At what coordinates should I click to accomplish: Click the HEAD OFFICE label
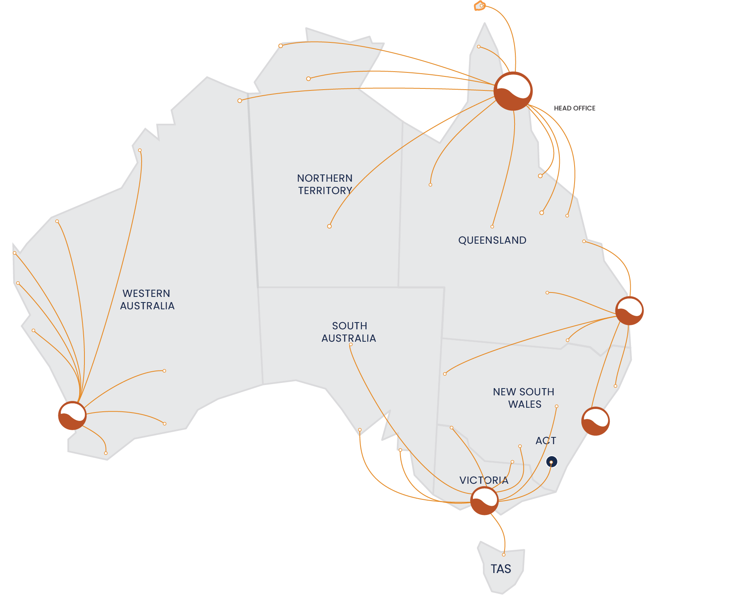pos(574,108)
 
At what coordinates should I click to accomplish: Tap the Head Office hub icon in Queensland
pos(513,91)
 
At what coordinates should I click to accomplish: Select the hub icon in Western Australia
pos(72,416)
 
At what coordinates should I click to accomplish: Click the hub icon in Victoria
pos(484,501)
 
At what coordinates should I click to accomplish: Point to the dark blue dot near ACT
pos(551,462)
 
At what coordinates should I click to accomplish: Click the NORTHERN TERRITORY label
pos(325,184)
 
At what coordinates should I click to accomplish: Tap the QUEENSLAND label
pos(492,240)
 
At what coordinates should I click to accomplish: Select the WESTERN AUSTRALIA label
pos(147,299)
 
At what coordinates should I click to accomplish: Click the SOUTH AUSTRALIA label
pos(349,332)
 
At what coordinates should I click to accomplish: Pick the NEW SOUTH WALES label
pos(524,398)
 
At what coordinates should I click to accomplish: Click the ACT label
pos(546,441)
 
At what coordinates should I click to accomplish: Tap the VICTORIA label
pos(484,480)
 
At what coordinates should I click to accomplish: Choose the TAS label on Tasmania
pos(501,569)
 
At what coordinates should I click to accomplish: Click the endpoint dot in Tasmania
pos(504,555)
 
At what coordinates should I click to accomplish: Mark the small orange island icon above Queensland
pos(480,6)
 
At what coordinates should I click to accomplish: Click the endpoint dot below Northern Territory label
pos(329,226)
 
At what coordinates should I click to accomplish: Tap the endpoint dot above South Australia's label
pos(351,345)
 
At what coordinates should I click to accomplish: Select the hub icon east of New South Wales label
pos(595,421)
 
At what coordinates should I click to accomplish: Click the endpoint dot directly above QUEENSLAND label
pos(492,227)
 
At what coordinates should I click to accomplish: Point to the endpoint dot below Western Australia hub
pos(106,453)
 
